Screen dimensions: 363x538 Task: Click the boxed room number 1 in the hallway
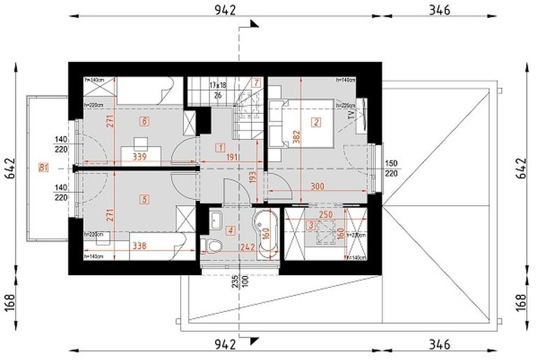[220, 147]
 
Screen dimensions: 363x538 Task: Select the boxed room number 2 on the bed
[316, 123]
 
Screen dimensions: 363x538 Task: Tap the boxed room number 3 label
[310, 225]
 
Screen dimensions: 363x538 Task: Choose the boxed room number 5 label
[145, 199]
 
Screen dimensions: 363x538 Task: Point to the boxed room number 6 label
[145, 121]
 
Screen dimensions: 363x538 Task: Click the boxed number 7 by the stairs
[257, 82]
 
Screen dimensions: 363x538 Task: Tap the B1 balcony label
[43, 168]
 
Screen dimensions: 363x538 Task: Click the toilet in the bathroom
[212, 244]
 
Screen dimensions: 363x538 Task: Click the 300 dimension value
[318, 186]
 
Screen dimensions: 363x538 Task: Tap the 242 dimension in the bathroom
[245, 246]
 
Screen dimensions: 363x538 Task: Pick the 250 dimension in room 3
[325, 215]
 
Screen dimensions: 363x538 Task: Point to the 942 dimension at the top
[226, 9]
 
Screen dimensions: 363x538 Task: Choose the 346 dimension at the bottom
[438, 344]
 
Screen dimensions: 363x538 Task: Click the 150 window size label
[393, 162]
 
